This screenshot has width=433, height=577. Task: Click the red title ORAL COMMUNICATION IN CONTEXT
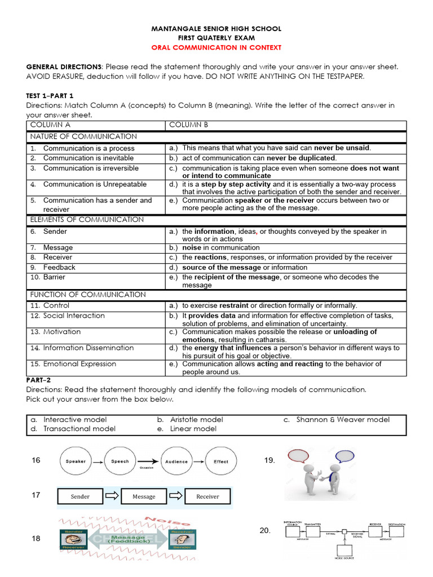216,48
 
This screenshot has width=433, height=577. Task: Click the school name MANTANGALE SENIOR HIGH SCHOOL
216,29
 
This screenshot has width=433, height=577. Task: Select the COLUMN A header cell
50,125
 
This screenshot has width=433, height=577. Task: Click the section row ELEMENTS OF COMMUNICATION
87,220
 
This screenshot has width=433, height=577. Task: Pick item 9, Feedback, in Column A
59,268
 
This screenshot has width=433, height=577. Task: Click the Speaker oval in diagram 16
76,461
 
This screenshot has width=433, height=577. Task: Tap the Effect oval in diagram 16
221,461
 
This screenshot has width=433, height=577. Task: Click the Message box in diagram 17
144,496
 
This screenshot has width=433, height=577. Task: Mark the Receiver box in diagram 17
207,496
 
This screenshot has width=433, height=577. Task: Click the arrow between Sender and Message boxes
112,496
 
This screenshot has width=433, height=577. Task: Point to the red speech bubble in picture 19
299,455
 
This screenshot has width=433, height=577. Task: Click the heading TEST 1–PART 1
50,96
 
